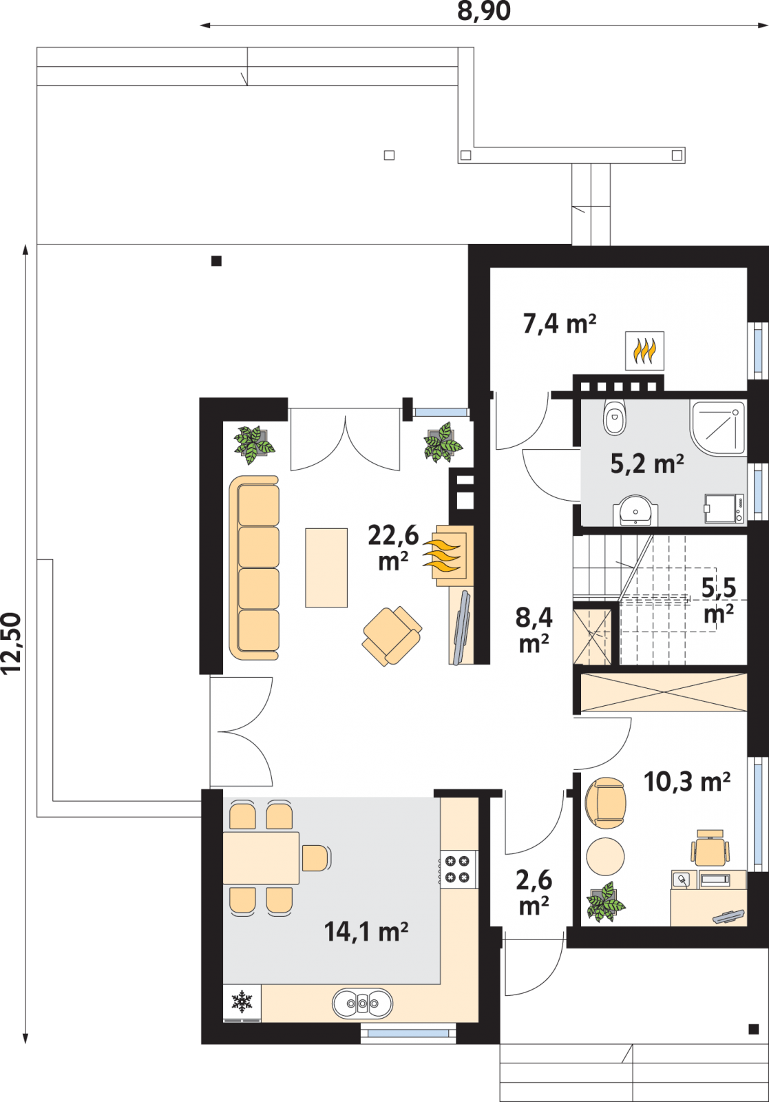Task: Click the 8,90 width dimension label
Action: click(484, 11)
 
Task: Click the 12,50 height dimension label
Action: click(12, 643)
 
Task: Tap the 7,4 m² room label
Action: click(560, 324)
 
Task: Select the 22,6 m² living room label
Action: click(393, 548)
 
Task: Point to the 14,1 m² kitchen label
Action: click(366, 931)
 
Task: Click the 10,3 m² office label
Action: click(687, 781)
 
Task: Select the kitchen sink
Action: click(362, 1003)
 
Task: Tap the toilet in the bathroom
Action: click(613, 417)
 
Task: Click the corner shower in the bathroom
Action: click(718, 427)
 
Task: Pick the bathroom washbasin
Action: click(635, 510)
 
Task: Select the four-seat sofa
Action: click(254, 568)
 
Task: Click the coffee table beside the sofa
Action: click(326, 568)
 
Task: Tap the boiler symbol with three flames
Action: click(644, 351)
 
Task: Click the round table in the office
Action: click(606, 857)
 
